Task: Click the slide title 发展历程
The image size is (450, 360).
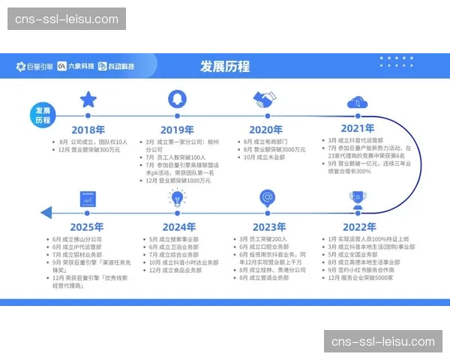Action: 225,66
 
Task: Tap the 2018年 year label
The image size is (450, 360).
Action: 88,129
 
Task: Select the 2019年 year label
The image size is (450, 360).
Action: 177,129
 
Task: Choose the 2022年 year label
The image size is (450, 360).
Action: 358,227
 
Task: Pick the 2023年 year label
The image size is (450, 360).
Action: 268,227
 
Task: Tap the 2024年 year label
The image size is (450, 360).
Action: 178,227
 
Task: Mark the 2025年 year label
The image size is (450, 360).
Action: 87,227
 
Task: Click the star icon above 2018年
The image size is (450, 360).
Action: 88,99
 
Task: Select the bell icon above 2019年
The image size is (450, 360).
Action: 177,99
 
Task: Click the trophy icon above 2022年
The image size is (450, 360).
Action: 358,199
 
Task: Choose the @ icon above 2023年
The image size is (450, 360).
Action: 267,198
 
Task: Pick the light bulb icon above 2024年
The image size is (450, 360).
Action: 178,198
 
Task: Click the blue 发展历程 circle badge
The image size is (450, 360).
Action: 43,115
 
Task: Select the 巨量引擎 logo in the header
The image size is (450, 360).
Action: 34,66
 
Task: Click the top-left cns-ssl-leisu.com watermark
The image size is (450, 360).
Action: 65,18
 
